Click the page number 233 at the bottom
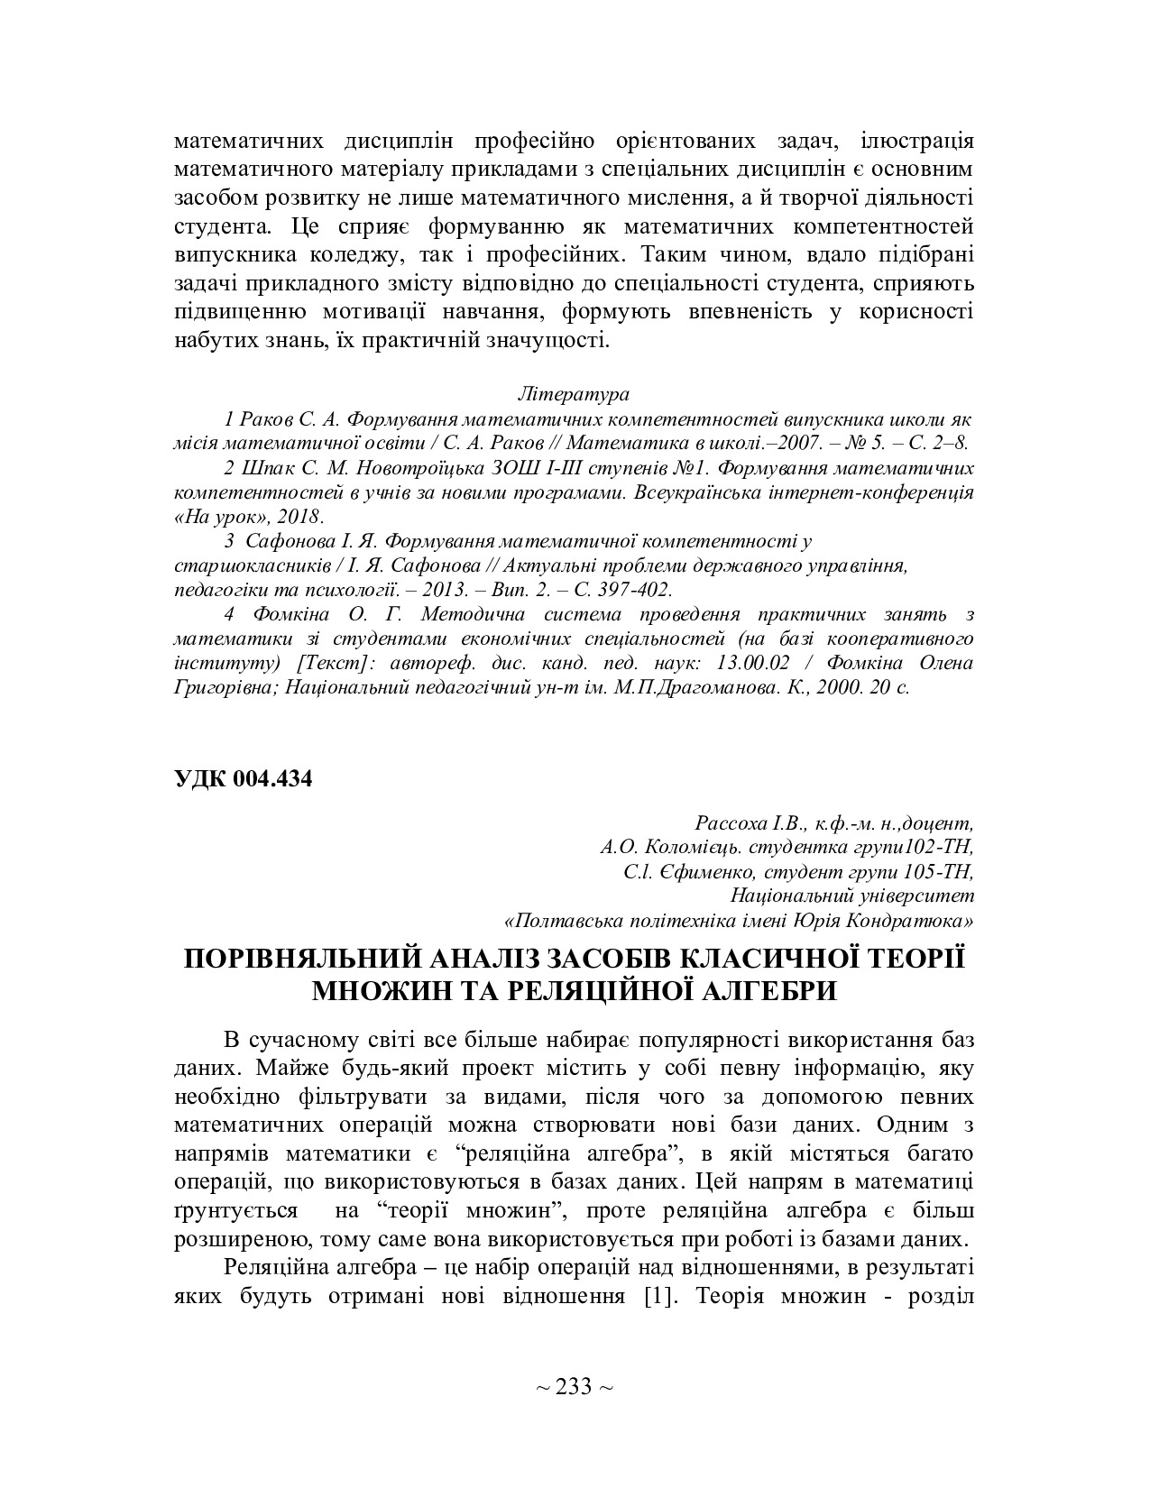pos(574,1386)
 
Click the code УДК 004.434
pos(243,780)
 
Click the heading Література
pos(574,395)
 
